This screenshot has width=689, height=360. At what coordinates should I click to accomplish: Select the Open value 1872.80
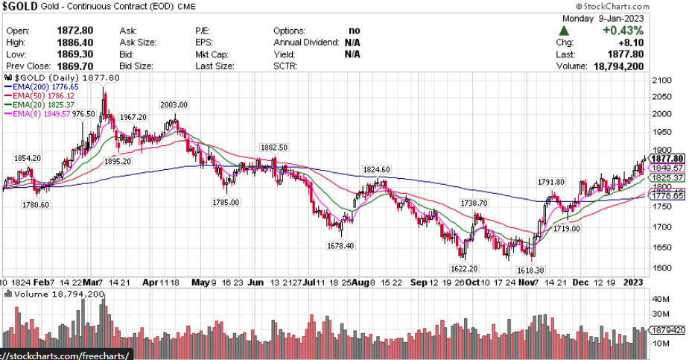tap(74, 31)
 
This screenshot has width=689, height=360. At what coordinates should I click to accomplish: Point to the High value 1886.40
tap(74, 42)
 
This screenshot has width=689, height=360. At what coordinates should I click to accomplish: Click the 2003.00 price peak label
tap(173, 104)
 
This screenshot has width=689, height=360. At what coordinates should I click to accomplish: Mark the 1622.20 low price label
tap(463, 268)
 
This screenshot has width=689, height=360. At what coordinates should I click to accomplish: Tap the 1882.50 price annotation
tap(273, 147)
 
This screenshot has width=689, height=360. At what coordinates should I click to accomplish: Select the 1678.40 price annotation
tap(340, 246)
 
